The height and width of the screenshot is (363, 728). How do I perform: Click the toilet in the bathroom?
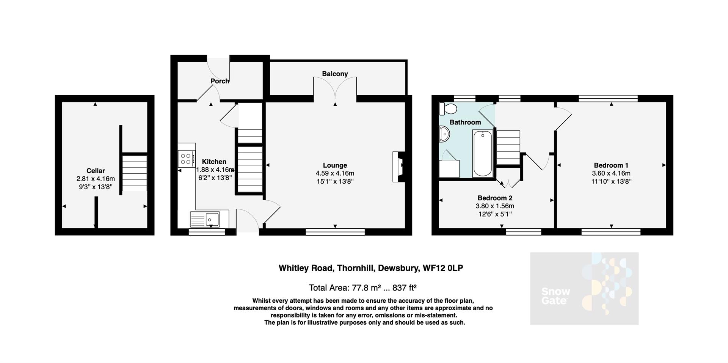pos(448,108)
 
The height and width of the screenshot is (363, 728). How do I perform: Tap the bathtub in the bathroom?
pos(482,153)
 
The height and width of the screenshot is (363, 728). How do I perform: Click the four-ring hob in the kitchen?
pos(186,159)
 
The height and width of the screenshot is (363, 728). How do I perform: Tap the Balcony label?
pos(335,74)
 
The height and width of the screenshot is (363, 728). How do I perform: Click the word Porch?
pos(220,81)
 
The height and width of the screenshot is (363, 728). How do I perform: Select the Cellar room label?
pos(96,171)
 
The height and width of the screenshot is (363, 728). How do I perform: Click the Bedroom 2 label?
pos(495,198)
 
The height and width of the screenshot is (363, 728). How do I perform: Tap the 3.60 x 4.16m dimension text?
pos(611,173)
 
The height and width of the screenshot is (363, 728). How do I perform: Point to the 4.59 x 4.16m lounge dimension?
pos(335,173)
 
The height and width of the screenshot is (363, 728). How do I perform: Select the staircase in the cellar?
pos(135,173)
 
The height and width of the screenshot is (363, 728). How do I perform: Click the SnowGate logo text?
pos(555,296)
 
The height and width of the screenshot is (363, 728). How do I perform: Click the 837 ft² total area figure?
pos(405,288)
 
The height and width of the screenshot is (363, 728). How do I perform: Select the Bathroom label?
pos(465,122)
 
